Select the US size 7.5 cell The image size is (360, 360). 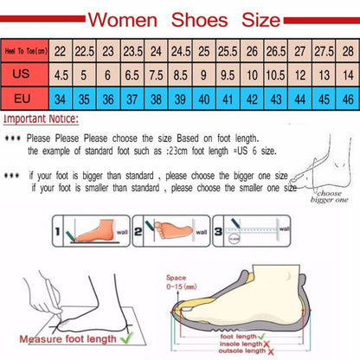[x=155, y=75]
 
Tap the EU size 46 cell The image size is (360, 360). [x=346, y=98]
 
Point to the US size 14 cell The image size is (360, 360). [x=346, y=75]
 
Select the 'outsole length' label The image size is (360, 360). [x=240, y=351]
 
